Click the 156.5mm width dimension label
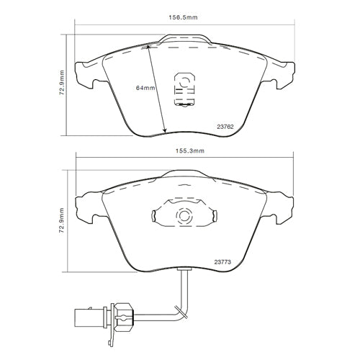(x=183, y=17)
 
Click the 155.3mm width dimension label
(x=189, y=150)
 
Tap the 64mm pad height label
(x=145, y=88)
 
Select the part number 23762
(x=225, y=127)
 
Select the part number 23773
(x=222, y=262)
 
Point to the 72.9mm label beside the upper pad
(x=62, y=83)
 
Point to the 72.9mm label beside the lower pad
(x=62, y=221)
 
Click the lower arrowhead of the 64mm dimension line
(x=164, y=130)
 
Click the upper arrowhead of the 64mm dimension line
(x=148, y=48)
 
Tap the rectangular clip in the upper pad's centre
(x=184, y=89)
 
